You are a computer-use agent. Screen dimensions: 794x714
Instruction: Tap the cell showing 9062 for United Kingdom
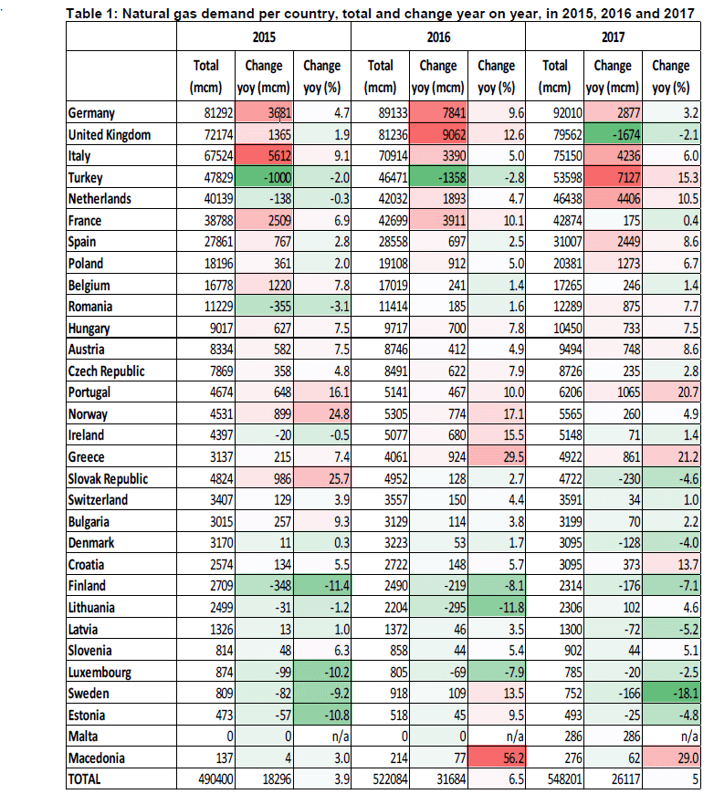[437, 134]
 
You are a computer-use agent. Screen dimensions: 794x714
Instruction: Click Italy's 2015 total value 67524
[201, 156]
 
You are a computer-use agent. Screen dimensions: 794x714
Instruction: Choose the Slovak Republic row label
[109, 479]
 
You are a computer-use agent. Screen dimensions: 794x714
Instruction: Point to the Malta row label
[87, 737]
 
